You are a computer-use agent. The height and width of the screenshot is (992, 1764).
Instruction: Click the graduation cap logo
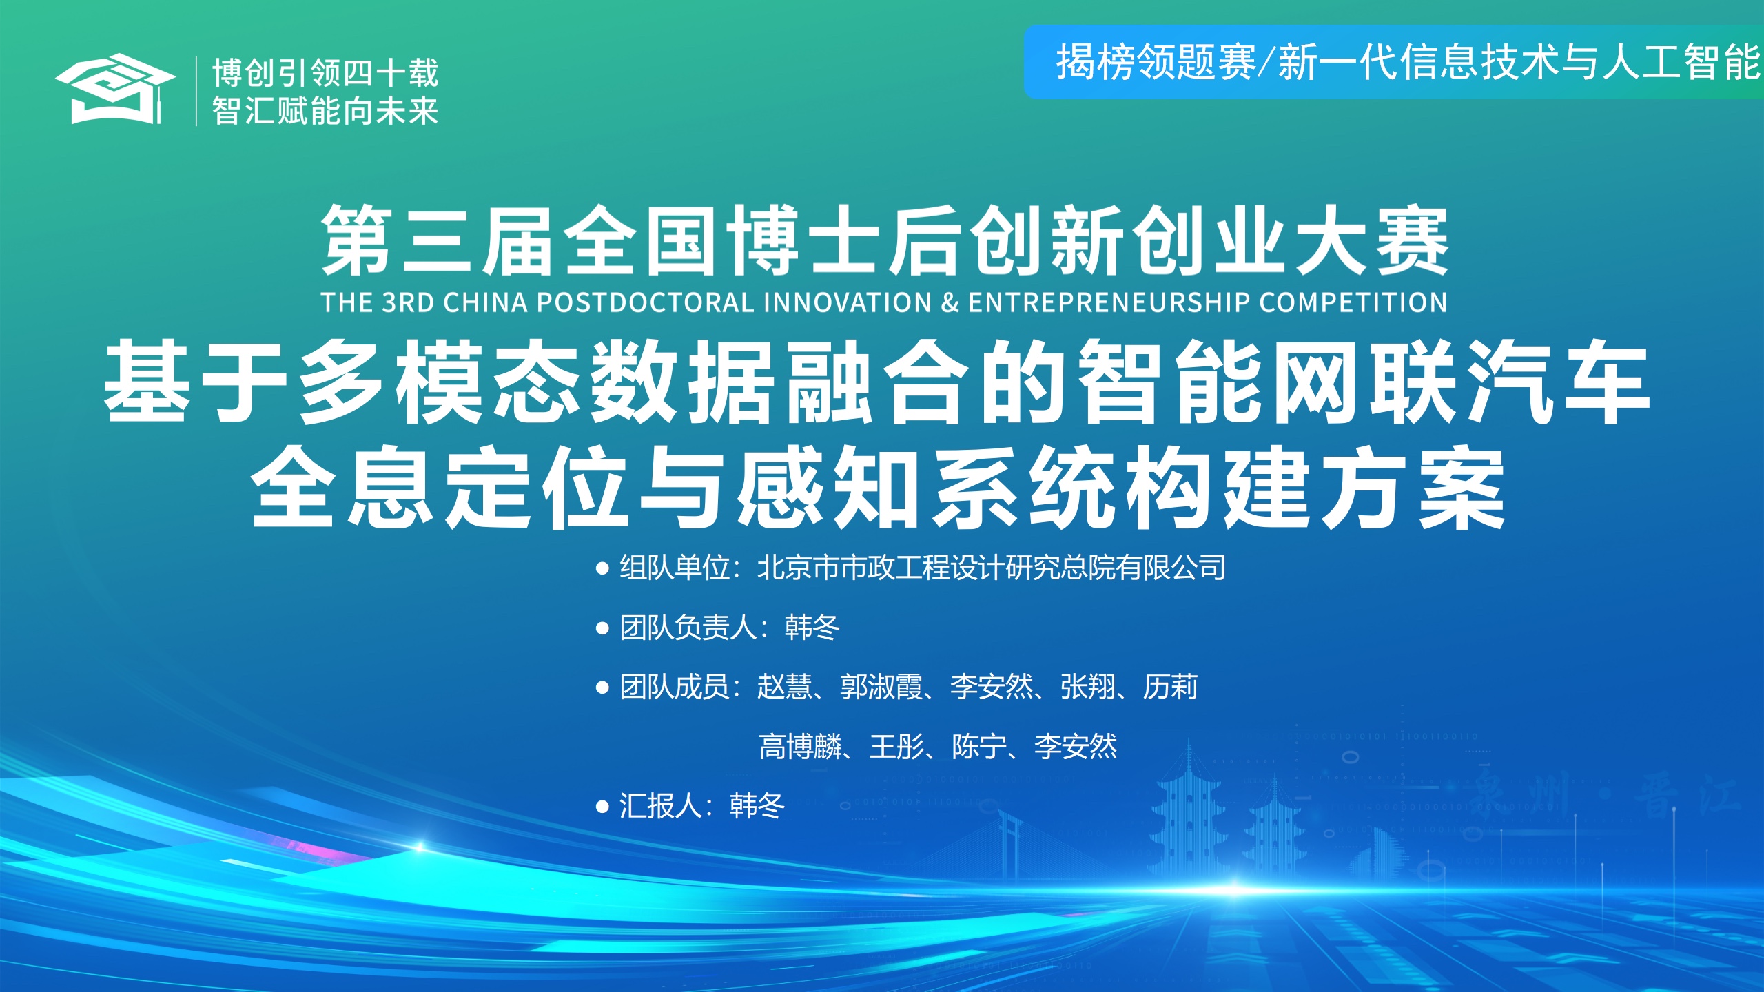click(115, 90)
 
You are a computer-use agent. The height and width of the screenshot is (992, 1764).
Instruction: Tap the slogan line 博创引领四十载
click(325, 72)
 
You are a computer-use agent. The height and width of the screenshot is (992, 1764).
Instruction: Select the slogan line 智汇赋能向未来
click(325, 110)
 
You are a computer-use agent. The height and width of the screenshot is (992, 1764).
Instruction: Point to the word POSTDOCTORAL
click(645, 302)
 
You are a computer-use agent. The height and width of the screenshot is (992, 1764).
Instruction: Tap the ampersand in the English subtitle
click(950, 302)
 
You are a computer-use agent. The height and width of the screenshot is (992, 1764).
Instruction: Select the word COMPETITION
click(1353, 302)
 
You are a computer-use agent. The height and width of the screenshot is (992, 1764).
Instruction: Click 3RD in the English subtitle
click(408, 302)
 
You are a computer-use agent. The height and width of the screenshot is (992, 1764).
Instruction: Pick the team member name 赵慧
click(784, 687)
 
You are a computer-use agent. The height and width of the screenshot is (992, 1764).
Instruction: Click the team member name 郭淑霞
click(881, 687)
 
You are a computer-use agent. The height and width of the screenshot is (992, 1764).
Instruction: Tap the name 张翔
click(1087, 687)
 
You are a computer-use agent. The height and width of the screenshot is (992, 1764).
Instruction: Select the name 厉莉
click(1170, 687)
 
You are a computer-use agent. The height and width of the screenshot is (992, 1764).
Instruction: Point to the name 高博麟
click(800, 747)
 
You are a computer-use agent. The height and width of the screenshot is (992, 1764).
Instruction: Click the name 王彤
click(896, 747)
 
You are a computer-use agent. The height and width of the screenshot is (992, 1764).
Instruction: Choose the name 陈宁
click(979, 747)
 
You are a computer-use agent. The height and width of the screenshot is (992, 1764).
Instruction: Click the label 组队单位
click(674, 568)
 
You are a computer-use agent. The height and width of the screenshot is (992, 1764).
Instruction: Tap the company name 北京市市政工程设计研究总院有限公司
click(991, 568)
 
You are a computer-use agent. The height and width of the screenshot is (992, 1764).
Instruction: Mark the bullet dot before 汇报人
click(602, 807)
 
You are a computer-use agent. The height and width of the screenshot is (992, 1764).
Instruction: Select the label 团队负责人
click(688, 628)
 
